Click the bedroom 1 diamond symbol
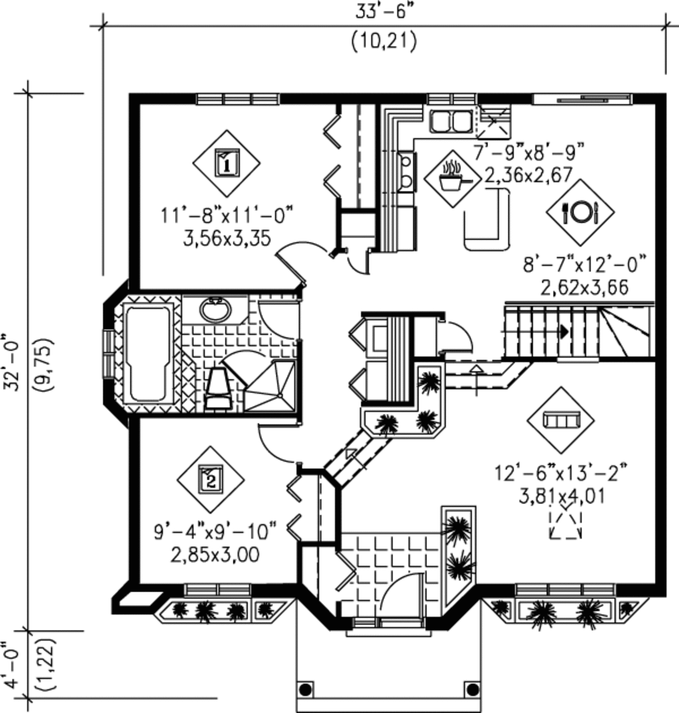click(226, 163)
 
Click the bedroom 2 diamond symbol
click(210, 479)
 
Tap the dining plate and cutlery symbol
click(580, 212)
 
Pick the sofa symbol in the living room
click(560, 420)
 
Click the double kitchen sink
click(450, 121)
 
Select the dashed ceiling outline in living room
click(566, 522)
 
